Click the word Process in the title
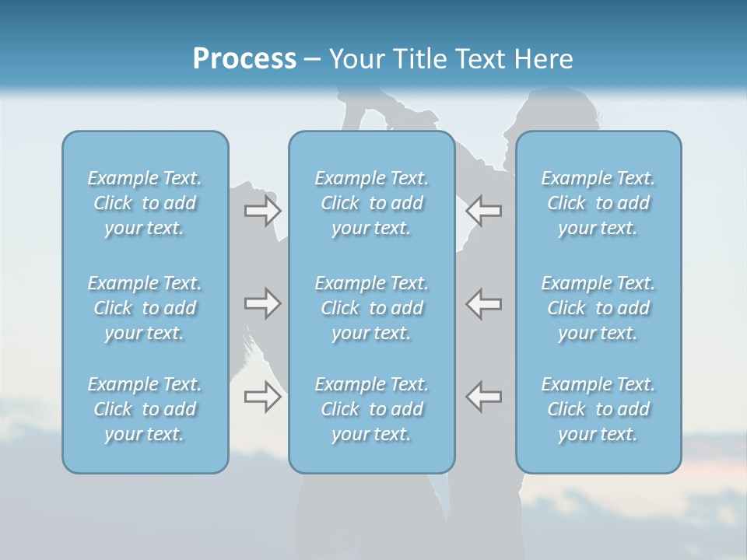coord(244,59)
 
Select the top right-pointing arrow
coord(262,211)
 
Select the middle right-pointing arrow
coord(262,303)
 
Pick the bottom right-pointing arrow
coord(262,397)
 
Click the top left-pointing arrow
coord(484,211)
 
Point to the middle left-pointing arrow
coord(484,303)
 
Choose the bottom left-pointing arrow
coord(484,397)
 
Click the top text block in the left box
coord(145,203)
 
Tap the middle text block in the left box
coord(145,308)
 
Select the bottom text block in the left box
coord(145,409)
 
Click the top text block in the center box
coord(371,203)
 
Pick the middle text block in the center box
coord(371,308)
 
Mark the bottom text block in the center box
coord(371,409)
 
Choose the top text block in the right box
coord(598,203)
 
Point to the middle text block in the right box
coord(598,308)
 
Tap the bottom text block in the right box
coord(598,409)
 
